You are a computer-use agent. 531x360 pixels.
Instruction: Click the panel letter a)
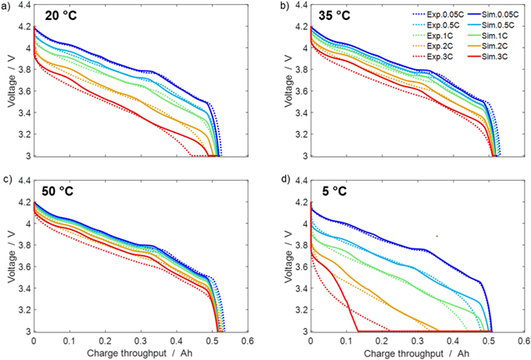[x=7, y=6]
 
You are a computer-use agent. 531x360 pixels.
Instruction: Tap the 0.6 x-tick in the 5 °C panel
[x=523, y=342]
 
